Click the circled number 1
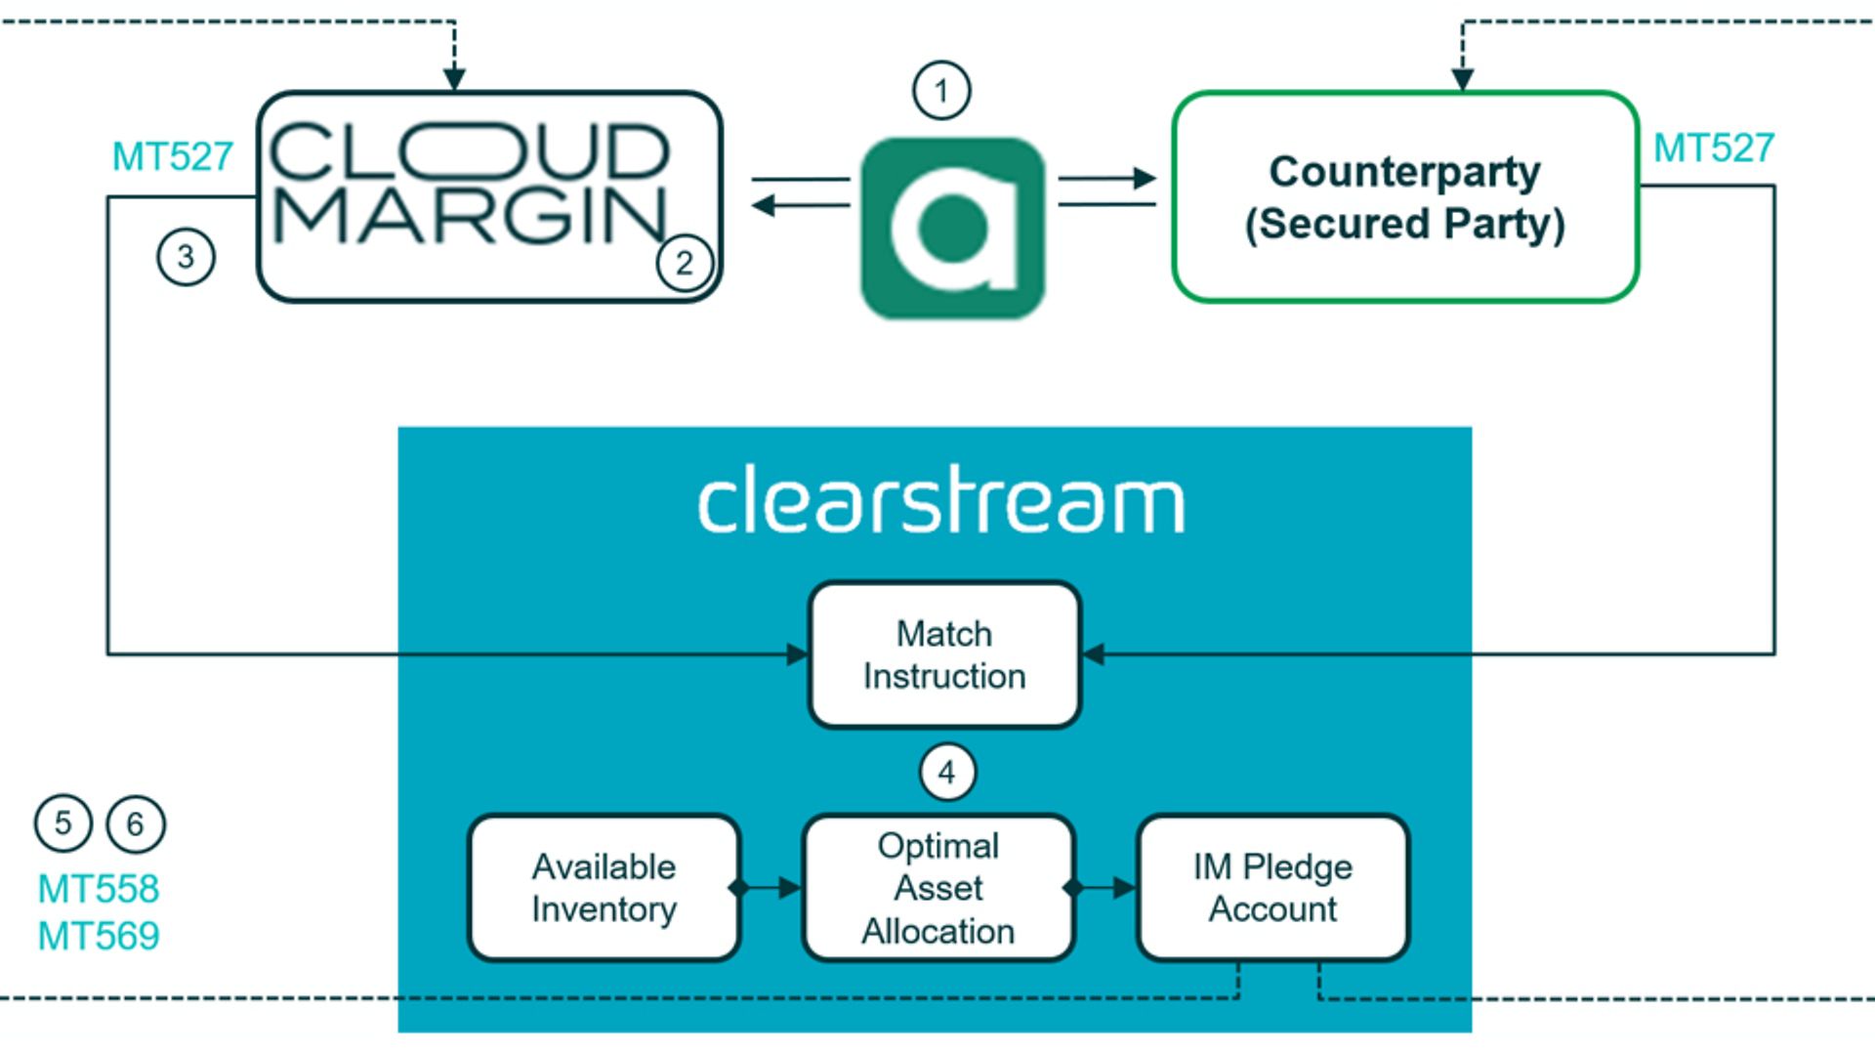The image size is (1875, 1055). tap(941, 91)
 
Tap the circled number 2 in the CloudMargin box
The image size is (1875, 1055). tap(685, 263)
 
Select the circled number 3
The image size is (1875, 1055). tap(186, 257)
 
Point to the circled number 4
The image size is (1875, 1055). tap(947, 773)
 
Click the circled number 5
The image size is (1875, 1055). tap(62, 823)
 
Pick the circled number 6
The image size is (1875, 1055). tap(135, 824)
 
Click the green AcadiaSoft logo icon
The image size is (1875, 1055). tap(953, 228)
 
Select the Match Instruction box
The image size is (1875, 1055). tap(944, 654)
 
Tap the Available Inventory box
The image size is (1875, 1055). tap(604, 888)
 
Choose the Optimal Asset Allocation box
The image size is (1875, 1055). tap(938, 888)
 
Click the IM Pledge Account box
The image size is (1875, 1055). tap(1272, 888)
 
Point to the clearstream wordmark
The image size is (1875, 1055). tap(941, 500)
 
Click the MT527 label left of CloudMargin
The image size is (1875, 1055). tap(173, 156)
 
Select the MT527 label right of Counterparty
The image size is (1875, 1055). tap(1713, 148)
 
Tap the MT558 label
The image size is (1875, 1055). tap(99, 889)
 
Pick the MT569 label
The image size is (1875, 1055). tap(99, 936)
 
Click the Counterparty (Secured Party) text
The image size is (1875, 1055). tap(1404, 197)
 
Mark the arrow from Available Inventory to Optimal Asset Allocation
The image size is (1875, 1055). tap(771, 888)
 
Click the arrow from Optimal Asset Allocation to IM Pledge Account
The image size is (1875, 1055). tap(1105, 888)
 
